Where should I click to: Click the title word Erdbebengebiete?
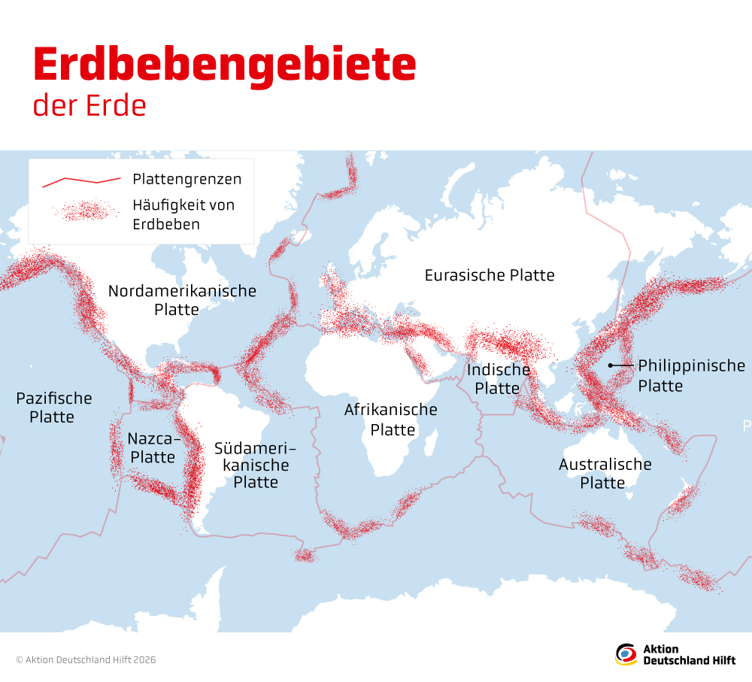pos(224,66)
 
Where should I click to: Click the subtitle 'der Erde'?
pos(89,106)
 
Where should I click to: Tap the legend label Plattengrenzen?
pos(186,179)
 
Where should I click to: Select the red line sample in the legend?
pos(81,180)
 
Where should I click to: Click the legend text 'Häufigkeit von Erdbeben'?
pos(183,214)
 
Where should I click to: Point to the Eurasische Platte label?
pos(489,275)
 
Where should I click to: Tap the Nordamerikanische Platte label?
pos(182,300)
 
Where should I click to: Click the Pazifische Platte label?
pos(53,408)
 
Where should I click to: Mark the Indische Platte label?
pos(498,379)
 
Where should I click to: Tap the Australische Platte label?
pos(605,473)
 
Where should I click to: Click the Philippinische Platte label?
pos(690,375)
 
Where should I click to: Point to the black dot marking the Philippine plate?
pos(611,365)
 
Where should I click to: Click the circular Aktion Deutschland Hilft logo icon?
pos(626,654)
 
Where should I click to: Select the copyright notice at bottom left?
pos(86,659)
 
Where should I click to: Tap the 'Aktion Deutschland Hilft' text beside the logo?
pos(689,654)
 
